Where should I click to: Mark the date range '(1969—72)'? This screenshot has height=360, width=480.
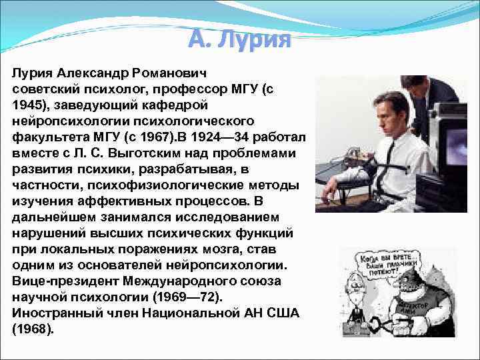[x=189, y=297]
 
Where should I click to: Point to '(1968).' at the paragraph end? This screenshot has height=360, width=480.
[x=33, y=329]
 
